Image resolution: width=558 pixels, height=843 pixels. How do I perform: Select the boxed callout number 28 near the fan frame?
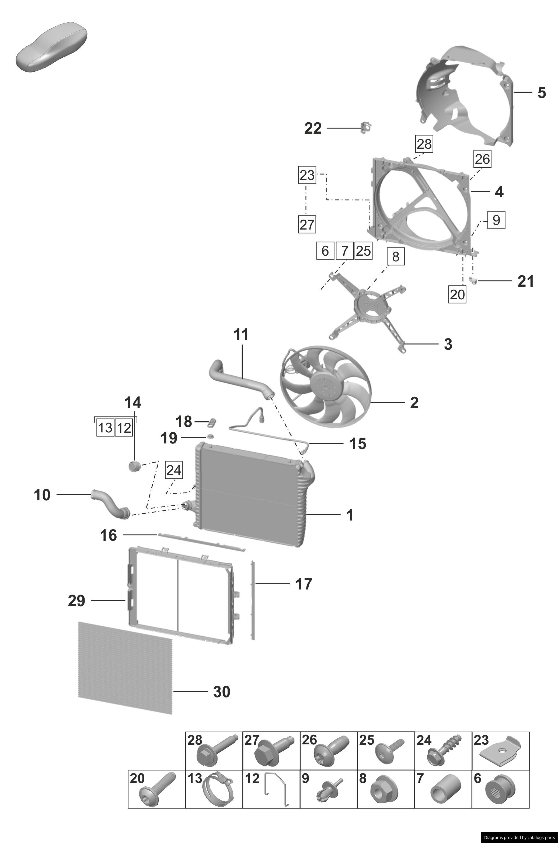(424, 144)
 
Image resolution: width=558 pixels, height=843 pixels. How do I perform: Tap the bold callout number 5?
(541, 93)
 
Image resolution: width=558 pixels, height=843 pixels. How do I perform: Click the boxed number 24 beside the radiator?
(174, 470)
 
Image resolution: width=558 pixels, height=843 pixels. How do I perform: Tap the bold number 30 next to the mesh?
(222, 692)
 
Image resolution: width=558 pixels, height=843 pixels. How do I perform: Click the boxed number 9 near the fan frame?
(496, 220)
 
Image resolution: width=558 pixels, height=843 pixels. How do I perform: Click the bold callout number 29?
(76, 601)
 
